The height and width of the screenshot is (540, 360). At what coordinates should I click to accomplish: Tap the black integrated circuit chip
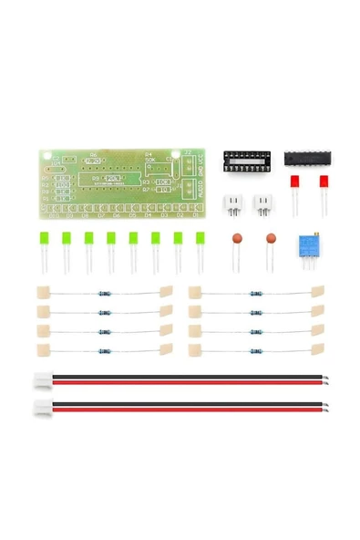pos(306,159)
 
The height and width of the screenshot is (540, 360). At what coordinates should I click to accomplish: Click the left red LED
pos(295,182)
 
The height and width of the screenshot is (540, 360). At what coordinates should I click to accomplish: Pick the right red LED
pos(324,182)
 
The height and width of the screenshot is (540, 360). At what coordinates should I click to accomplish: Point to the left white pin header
pos(233,203)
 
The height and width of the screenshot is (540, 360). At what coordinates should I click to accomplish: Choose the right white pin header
pos(262,203)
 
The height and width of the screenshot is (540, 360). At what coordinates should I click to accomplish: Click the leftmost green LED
pos(44,242)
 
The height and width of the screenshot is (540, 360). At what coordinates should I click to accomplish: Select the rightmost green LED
pos(200,242)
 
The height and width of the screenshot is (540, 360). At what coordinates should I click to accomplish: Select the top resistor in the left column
pos(104,294)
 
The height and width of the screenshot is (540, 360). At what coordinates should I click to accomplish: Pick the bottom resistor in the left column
pos(104,348)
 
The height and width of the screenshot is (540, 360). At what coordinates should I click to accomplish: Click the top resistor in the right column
pos(254,294)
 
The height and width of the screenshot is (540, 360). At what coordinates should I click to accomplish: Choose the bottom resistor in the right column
pos(254,348)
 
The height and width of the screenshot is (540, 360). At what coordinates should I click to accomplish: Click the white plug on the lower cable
pos(42,408)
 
